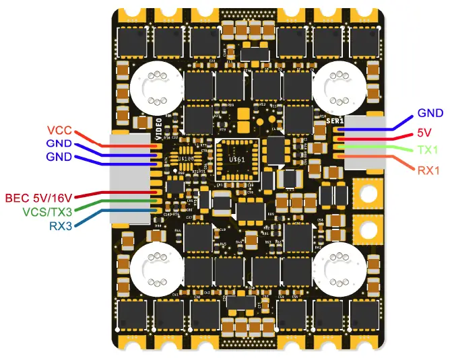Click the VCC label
coord(59,130)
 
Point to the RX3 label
coord(61,225)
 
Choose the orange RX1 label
coord(428,170)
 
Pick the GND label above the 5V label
coord(430,113)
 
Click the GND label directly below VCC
coord(59,143)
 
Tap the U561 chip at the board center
coord(236,159)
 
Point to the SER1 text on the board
coord(335,121)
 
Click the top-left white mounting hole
coord(154,86)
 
